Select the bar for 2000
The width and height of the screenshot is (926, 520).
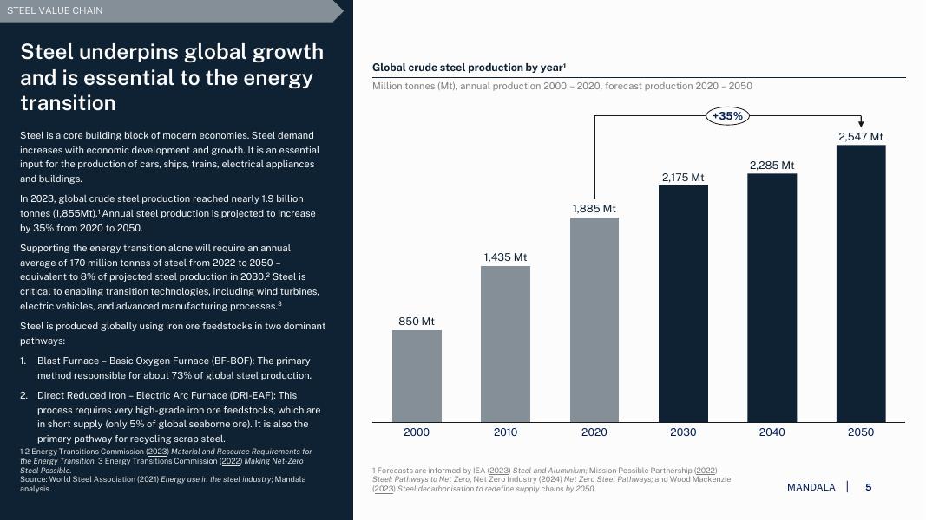tap(417, 376)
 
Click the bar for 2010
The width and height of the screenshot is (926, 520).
tap(505, 344)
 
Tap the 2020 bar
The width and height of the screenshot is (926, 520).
tap(594, 320)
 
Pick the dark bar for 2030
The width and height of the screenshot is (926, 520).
tap(683, 303)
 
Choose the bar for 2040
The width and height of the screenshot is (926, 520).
tap(772, 297)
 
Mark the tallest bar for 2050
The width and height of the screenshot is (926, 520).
tap(861, 283)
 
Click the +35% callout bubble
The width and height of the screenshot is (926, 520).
tap(726, 115)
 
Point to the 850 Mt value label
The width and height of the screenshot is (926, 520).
tap(417, 322)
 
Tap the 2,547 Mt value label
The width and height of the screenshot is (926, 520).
tap(861, 137)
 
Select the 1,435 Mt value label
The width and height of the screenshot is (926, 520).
tap(505, 257)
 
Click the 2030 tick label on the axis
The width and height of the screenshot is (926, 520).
tap(683, 432)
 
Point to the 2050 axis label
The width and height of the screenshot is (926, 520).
tap(861, 432)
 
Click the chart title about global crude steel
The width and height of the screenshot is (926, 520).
tap(469, 68)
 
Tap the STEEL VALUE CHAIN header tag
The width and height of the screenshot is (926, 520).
tap(55, 10)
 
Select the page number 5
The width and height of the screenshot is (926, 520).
tap(869, 487)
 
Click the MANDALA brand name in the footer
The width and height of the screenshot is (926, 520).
tap(811, 487)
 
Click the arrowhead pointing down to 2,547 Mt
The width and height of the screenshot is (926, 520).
tap(861, 123)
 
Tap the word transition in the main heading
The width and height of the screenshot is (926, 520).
tap(68, 103)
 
